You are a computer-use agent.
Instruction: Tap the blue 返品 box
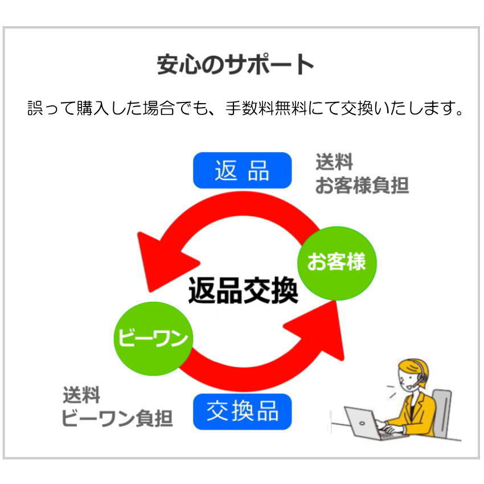[242, 170]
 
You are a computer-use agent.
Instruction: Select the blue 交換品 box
[242, 411]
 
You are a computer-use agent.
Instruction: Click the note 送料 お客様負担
[362, 174]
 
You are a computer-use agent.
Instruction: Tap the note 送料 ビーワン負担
[117, 407]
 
